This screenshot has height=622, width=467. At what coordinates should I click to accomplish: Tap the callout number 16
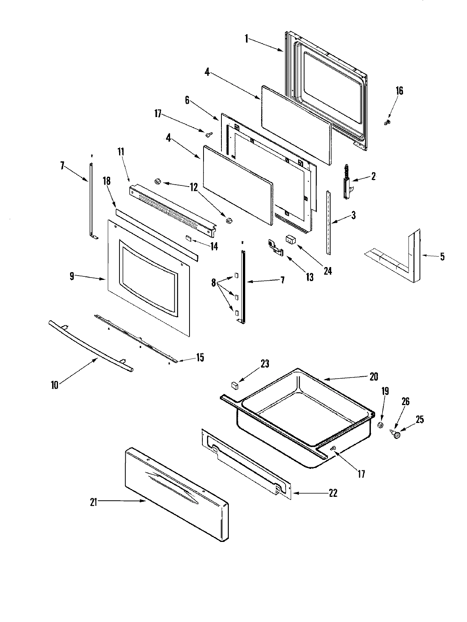point(399,91)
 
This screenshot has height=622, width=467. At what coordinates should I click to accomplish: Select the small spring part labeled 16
point(387,123)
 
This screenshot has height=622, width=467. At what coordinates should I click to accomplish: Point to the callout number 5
point(442,257)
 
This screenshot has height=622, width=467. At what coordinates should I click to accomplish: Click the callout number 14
point(214,246)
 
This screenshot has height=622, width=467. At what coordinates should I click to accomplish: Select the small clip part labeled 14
point(188,238)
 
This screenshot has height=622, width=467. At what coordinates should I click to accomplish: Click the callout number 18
point(107,181)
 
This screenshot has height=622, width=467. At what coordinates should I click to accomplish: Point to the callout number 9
point(72,276)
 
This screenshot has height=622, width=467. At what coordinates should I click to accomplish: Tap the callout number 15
point(200,357)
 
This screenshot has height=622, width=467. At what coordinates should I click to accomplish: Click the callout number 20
point(374,377)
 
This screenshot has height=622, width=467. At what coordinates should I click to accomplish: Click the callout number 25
point(420,420)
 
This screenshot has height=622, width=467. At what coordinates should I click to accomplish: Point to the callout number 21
point(93,502)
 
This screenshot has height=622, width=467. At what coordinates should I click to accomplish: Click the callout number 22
point(333,493)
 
